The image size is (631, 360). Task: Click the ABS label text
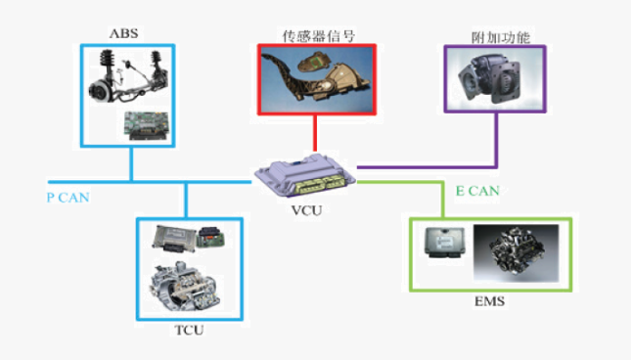(x=125, y=33)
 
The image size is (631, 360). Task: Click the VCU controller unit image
(x=304, y=175)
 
